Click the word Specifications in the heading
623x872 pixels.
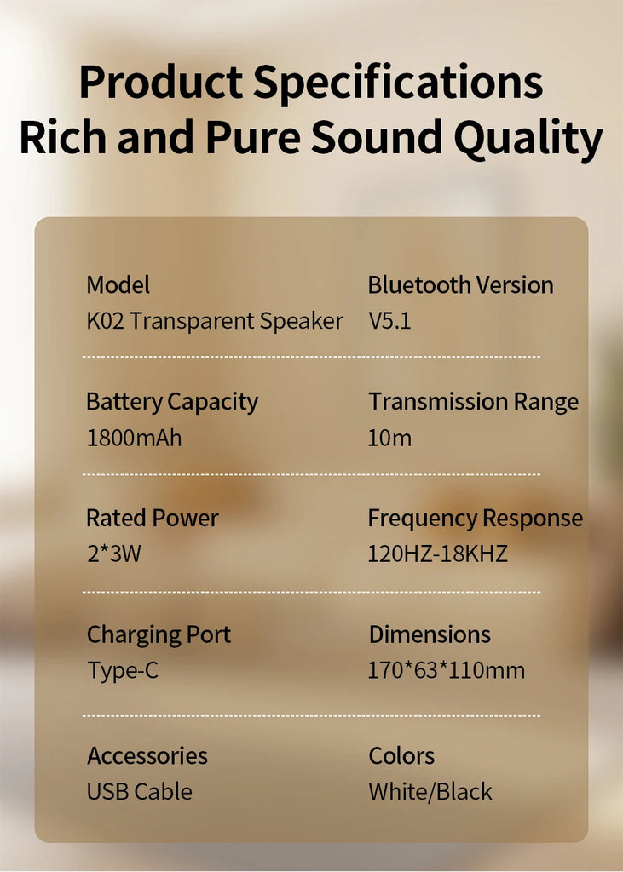click(398, 83)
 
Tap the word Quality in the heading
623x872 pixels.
click(528, 139)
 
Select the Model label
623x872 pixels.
click(118, 284)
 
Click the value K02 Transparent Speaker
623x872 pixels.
click(215, 321)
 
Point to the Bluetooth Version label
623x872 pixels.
click(460, 284)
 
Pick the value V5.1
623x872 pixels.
click(389, 321)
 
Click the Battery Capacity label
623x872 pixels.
click(172, 402)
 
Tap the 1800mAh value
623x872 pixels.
click(134, 439)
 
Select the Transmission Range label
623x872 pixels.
click(473, 402)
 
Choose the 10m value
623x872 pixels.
click(389, 439)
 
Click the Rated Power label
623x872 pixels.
click(153, 518)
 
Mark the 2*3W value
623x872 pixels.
click(114, 554)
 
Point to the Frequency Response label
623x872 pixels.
click(476, 519)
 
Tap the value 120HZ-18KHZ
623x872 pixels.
click(437, 554)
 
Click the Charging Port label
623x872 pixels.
click(159, 635)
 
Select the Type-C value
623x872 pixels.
click(123, 671)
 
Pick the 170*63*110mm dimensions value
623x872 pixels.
click(447, 670)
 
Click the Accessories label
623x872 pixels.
click(147, 756)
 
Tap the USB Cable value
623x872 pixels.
click(140, 791)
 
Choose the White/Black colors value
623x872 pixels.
click(430, 791)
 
